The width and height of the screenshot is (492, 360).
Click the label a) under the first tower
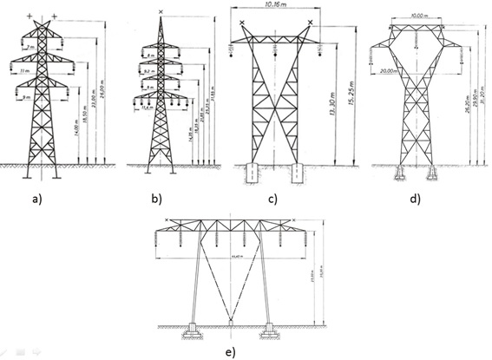point(36,200)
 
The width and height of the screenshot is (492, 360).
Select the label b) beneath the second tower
point(155,200)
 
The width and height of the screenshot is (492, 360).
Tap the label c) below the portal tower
point(272,201)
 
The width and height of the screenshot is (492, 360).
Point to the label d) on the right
point(415,200)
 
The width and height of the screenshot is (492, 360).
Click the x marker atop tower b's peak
point(162,11)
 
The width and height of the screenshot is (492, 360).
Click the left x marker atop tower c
point(242,21)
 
